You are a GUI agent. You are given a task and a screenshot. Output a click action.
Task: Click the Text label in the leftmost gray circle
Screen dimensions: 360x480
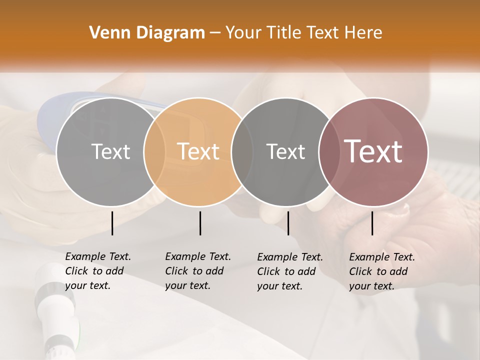(110, 151)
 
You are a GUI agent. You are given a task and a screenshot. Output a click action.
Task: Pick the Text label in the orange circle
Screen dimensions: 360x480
(198, 151)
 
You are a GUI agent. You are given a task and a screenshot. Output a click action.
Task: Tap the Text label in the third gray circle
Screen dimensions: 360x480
(285, 151)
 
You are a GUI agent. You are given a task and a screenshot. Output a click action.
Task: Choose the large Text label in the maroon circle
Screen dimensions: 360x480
(373, 151)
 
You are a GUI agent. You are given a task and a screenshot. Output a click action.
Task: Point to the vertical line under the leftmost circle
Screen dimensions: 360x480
(112, 223)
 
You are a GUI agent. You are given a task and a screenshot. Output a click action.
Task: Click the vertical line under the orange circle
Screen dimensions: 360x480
(200, 223)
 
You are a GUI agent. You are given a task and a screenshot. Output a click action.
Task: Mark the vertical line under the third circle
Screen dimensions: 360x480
(288, 223)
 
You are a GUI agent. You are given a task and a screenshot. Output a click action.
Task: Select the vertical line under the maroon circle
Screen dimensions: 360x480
(372, 223)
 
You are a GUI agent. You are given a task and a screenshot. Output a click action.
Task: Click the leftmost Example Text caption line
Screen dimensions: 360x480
(98, 257)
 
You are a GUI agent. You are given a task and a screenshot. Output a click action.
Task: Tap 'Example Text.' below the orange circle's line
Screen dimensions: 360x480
(198, 257)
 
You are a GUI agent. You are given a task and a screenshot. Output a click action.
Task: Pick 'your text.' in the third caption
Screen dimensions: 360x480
(279, 286)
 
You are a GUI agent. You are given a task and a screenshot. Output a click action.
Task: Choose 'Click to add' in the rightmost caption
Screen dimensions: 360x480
(378, 271)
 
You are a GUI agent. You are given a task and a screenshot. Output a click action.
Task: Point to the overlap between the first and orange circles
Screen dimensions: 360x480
(154, 151)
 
